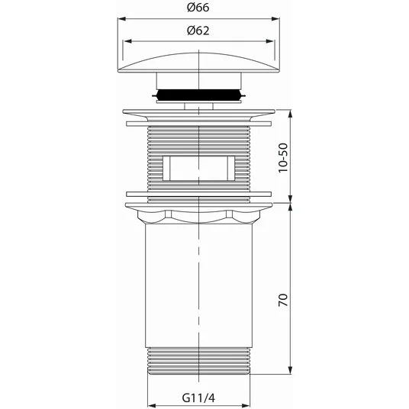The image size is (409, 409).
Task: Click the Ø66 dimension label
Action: point(198,8)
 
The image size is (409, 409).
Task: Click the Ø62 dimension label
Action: point(198,31)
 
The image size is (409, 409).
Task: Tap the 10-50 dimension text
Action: point(283,157)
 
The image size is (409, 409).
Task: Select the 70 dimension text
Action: point(283,300)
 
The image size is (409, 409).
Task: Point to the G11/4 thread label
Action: point(198,398)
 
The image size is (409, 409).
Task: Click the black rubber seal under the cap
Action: point(198,95)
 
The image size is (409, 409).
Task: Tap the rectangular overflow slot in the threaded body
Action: point(198,168)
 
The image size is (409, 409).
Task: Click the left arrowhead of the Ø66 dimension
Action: point(122,19)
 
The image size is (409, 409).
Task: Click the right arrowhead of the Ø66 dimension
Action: point(275,19)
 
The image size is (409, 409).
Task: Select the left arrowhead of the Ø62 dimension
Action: point(128,41)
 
